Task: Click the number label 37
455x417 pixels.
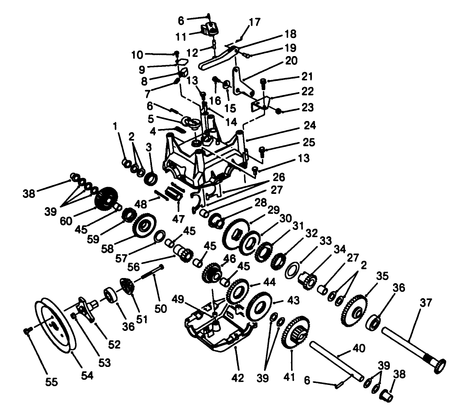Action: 426,303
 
